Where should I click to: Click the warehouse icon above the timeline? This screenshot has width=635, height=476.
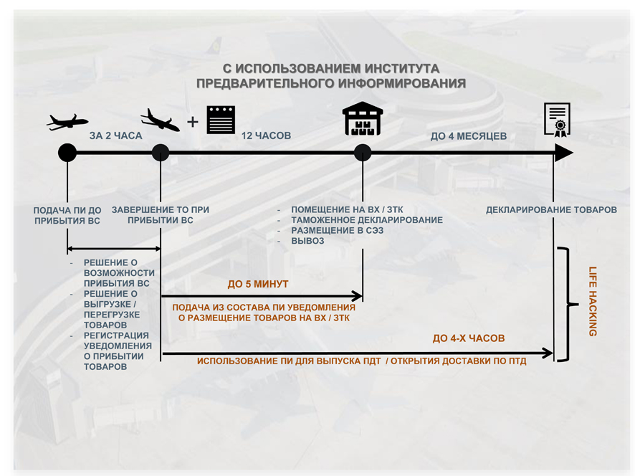(363, 119)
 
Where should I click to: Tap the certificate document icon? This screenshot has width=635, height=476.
(557, 118)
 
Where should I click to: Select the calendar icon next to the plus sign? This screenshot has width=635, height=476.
(221, 120)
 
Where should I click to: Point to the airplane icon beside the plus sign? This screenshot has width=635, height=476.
(160, 120)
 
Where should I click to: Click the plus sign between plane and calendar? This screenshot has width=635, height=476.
(192, 122)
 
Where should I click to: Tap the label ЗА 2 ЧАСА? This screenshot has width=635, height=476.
(115, 135)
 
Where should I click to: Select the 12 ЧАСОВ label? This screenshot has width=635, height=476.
(267, 135)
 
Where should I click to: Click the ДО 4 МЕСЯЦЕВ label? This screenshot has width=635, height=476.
(468, 136)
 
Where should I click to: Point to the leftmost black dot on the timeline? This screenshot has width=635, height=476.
(67, 153)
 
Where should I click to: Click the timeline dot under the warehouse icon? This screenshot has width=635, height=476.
(363, 153)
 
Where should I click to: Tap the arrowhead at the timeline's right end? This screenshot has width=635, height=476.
(563, 153)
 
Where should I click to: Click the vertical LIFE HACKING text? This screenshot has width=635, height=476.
(593, 301)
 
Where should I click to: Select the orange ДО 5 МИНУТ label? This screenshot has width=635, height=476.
(258, 285)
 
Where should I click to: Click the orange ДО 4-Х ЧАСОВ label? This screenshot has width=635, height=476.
(469, 338)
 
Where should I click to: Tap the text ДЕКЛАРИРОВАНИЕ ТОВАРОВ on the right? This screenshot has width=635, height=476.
(551, 210)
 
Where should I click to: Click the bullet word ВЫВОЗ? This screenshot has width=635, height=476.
(307, 241)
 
